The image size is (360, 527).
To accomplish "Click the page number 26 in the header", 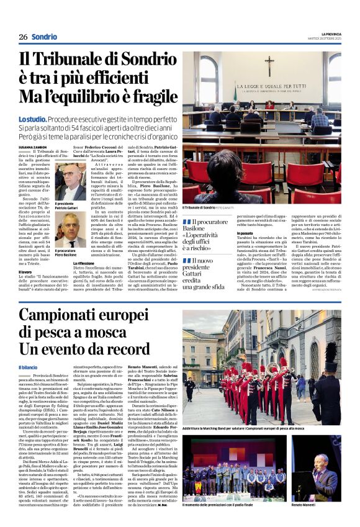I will point(23,37).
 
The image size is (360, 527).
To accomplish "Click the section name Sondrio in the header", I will point(45,37).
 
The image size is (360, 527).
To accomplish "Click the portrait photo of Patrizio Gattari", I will point(71,181).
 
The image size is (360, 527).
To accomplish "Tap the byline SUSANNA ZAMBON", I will point(33,146).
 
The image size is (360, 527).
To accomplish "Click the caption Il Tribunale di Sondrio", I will point(200,207).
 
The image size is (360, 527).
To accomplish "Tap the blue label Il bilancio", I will point(28,367).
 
